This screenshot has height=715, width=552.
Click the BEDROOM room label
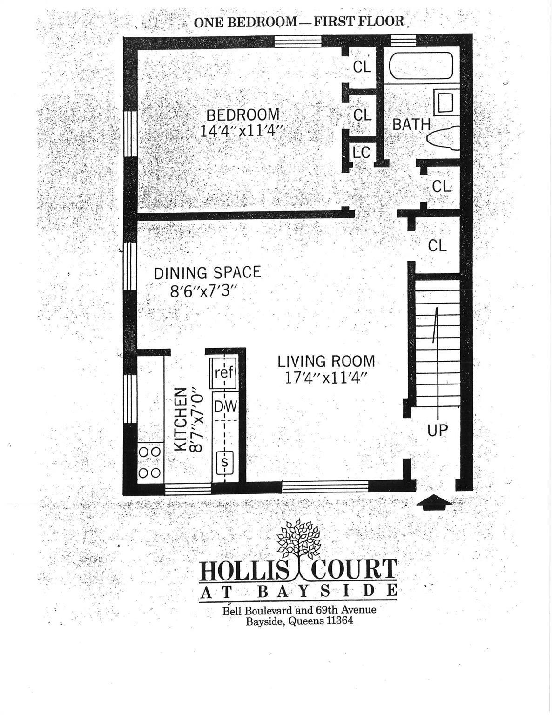coord(242,115)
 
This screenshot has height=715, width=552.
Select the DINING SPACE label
coord(207,273)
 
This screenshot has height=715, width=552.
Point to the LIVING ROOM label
coord(326,361)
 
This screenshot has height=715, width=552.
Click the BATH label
coord(411,124)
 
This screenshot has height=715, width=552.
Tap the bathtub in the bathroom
coord(420,67)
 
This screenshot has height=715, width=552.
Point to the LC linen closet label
coord(361,152)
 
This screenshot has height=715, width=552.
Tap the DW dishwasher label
coord(225,407)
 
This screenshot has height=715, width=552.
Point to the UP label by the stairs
coord(437,431)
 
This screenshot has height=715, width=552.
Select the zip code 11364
coord(337,621)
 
